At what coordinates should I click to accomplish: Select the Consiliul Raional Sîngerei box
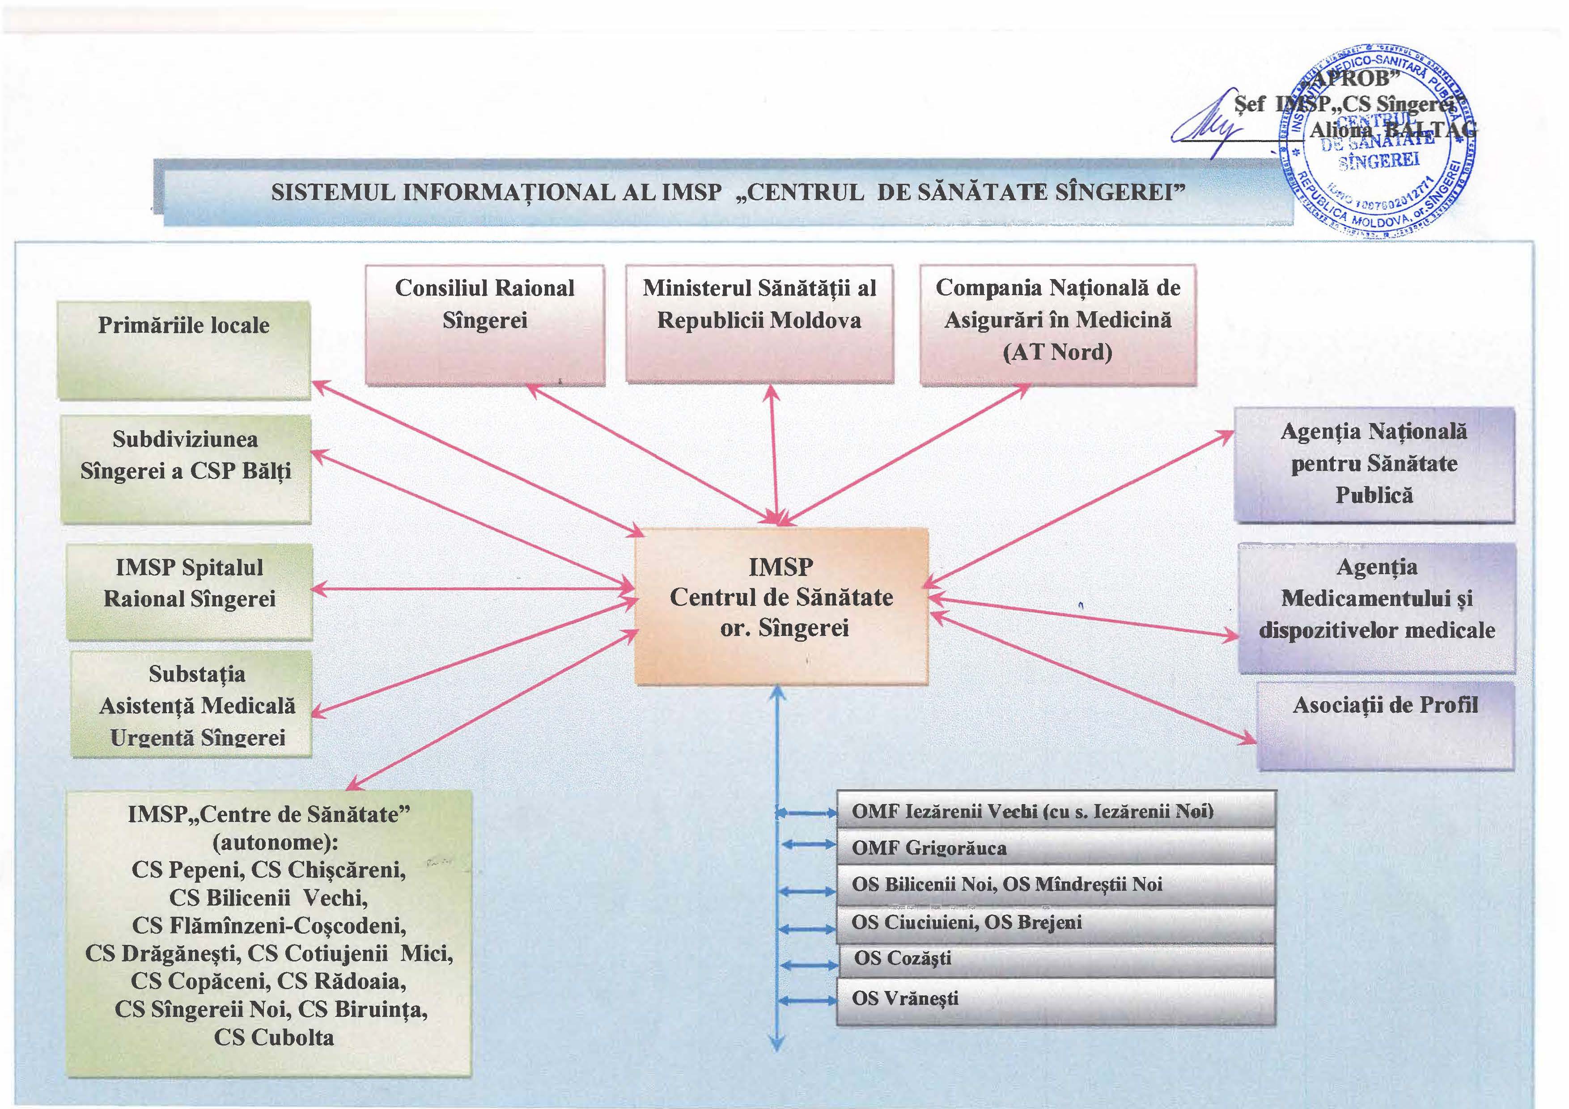pos(484,325)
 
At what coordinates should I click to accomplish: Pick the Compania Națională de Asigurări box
pos(1058,325)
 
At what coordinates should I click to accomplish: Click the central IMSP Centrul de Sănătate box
pos(781,605)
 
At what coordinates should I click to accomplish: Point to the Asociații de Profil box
pos(1385,726)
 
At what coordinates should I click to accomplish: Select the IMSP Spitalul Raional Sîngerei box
pos(189,591)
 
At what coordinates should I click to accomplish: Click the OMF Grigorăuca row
pos(1056,848)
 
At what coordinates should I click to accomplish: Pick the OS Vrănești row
pos(1056,999)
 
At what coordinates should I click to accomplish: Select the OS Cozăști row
pos(1056,959)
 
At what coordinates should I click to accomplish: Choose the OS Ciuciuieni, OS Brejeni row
pos(1056,923)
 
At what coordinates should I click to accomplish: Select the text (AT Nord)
pos(1057,352)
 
